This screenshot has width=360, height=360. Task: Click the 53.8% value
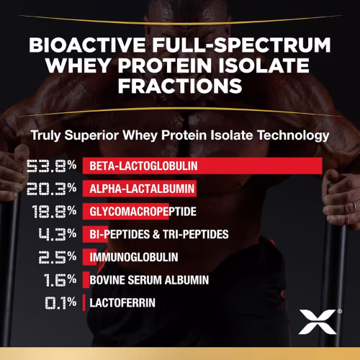coord(51,166)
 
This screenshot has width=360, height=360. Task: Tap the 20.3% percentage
coord(51,189)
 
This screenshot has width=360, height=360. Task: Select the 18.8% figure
coord(51,212)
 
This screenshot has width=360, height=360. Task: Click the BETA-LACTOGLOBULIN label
coord(143,166)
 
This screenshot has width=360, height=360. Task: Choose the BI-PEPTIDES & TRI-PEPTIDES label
coord(158,234)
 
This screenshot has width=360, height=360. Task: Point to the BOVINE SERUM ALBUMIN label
coord(148,279)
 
